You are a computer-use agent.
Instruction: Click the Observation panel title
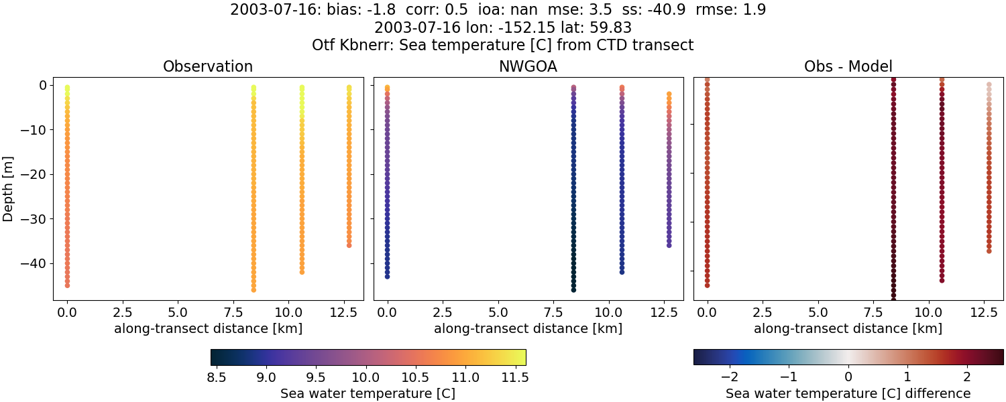tap(208, 67)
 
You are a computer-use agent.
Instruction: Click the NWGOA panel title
tap(528, 67)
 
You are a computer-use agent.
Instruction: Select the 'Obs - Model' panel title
tap(848, 67)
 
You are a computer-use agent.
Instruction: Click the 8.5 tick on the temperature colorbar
tap(216, 377)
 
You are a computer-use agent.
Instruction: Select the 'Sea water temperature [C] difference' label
tap(848, 393)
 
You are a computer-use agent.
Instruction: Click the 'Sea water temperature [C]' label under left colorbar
tap(368, 393)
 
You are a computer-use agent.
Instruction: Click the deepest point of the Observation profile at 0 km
tap(67, 285)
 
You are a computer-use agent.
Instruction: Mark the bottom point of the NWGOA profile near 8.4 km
tap(573, 289)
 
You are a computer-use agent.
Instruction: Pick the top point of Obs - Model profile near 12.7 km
tap(989, 85)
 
